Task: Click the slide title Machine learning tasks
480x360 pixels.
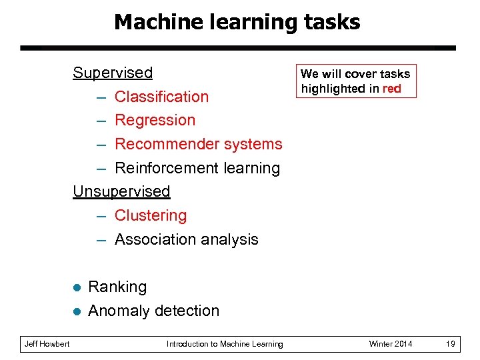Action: [237, 22]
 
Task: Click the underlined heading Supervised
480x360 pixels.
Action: [113, 72]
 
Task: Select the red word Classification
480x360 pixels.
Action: [161, 97]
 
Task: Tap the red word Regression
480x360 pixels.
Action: [155, 121]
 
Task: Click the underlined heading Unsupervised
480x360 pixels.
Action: [121, 191]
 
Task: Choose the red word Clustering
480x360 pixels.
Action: [151, 215]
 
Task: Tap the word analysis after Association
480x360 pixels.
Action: [231, 239]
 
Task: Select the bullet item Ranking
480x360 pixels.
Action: [117, 287]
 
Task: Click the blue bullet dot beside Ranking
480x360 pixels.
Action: [77, 288]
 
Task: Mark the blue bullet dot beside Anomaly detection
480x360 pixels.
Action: [77, 311]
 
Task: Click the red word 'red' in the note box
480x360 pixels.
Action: [391, 89]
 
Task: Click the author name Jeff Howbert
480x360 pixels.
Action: [47, 344]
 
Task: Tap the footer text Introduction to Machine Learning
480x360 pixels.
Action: [225, 344]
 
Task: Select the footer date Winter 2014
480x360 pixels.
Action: [391, 344]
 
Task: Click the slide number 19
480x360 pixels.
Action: [450, 344]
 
